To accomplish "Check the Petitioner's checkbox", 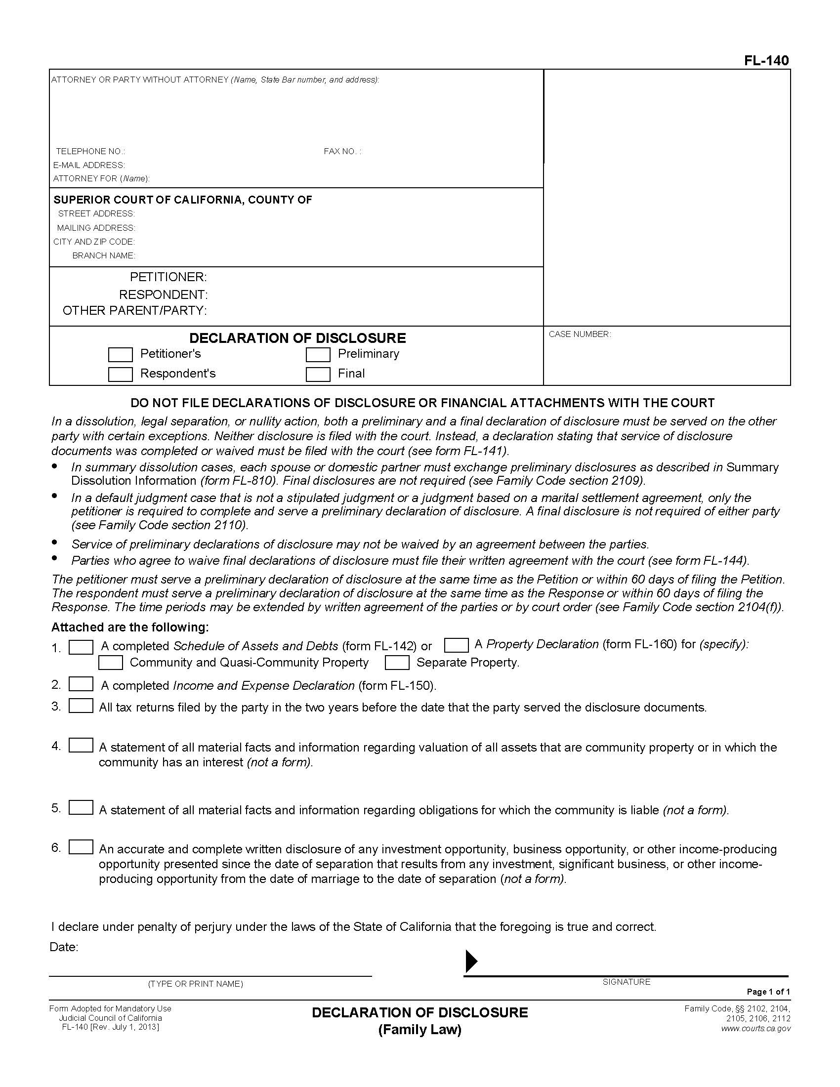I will click(121, 355).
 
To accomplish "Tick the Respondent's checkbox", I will click(121, 375).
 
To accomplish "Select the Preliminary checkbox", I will click(318, 355).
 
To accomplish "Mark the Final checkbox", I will click(318, 375).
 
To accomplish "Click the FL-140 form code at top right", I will click(766, 60).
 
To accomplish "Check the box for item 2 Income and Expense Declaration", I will click(81, 684).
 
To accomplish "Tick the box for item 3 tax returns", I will click(81, 706).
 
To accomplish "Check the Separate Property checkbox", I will click(397, 663).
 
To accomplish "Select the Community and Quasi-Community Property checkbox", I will click(111, 663).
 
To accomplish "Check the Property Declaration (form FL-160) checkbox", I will click(457, 645).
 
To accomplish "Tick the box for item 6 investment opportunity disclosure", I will click(81, 847).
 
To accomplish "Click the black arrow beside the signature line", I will click(471, 961).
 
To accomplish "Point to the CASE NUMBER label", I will click(580, 334).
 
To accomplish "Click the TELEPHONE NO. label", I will click(90, 151).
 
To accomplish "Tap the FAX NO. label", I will click(342, 151).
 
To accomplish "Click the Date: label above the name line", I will click(64, 947).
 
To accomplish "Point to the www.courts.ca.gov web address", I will click(756, 1028).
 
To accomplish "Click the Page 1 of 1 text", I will click(768, 992).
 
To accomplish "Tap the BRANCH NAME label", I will click(103, 255).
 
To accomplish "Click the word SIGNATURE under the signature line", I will click(626, 982).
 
